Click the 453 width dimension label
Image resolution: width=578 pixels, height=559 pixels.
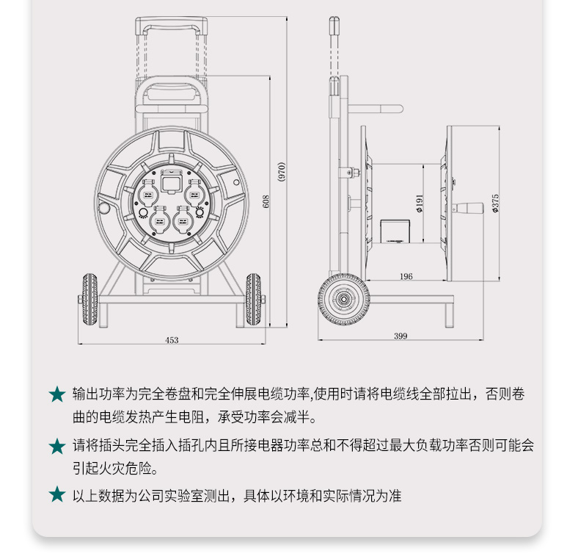coord(172,340)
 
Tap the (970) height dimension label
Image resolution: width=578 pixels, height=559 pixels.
coord(281,172)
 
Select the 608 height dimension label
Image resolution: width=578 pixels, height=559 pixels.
coord(266,201)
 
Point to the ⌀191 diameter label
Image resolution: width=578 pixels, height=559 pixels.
coord(420,203)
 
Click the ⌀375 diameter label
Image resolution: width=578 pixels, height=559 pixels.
coord(495,203)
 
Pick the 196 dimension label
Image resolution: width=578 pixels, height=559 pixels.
coord(406,276)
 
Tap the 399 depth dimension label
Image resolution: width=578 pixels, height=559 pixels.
coord(400,336)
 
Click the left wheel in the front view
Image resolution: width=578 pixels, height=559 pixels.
coord(89,300)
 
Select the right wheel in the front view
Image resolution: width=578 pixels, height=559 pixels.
coord(254,300)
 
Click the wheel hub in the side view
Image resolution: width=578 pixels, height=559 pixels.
coord(343,300)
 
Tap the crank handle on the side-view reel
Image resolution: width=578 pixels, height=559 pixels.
coord(468,208)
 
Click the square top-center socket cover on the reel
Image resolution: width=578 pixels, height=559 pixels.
coord(171,181)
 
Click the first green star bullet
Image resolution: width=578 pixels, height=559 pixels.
coord(57,394)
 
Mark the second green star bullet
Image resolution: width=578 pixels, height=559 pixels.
coord(57,446)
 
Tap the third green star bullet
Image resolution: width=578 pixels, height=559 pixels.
coord(57,494)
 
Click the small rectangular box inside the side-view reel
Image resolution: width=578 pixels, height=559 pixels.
coord(395,231)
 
